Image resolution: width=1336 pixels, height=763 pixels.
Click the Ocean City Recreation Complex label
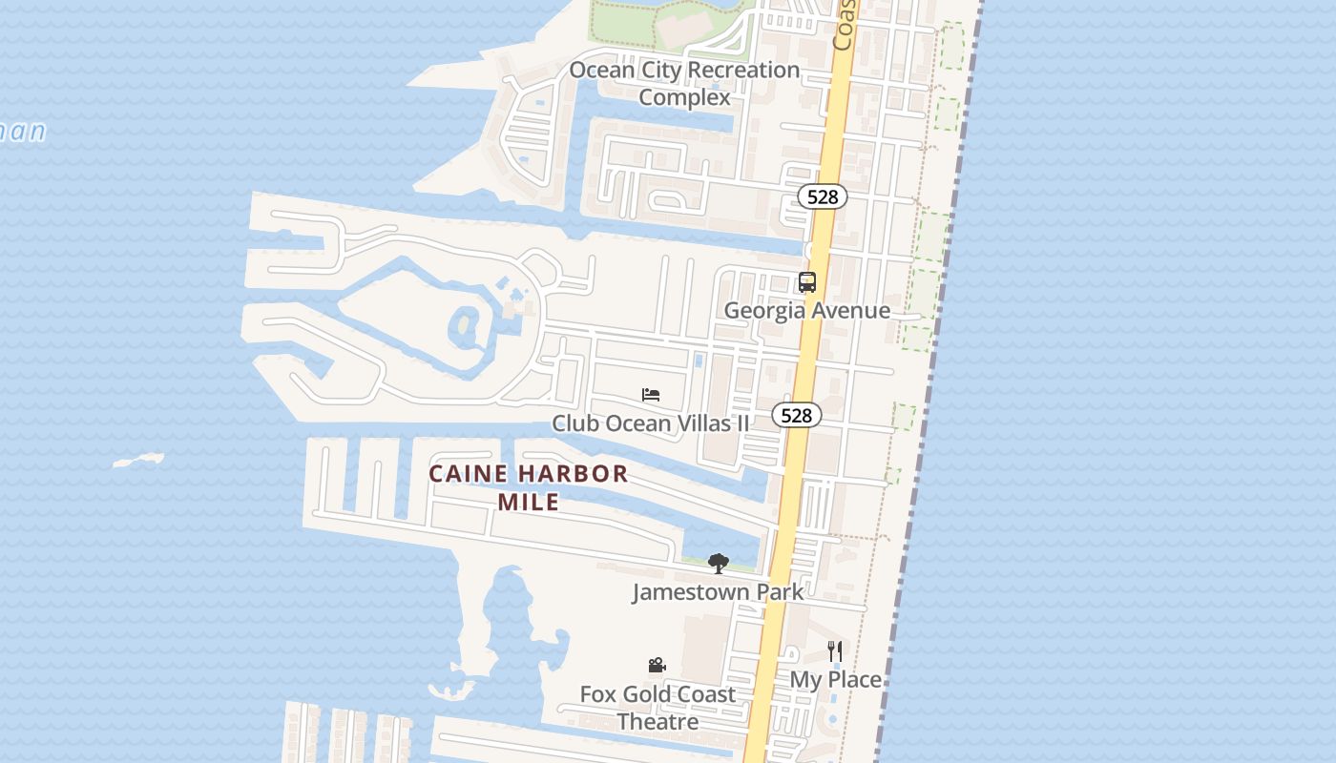point(684,83)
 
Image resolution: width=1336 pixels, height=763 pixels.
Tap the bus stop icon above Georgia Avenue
point(807,282)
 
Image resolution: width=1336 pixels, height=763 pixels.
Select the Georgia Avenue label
point(807,310)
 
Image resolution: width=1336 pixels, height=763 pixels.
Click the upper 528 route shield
point(822,196)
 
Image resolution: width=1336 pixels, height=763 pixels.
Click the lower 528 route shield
point(796,415)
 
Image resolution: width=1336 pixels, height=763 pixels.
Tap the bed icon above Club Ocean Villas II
point(651,395)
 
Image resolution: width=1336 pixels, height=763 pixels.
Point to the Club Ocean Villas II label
point(651,423)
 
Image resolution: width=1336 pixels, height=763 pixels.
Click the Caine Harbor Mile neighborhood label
point(529,487)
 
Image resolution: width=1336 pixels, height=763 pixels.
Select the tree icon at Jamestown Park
point(719,564)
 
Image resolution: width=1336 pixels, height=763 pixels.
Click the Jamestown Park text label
point(718,591)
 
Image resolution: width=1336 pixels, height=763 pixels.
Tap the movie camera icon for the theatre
point(657,666)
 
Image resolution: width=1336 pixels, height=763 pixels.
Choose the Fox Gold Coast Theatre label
point(658,708)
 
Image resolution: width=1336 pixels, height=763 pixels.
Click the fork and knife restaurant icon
point(835,651)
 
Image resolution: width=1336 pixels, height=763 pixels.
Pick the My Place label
point(835,679)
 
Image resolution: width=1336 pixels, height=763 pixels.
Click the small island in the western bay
point(139,461)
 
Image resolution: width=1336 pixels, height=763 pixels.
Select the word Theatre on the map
point(658,722)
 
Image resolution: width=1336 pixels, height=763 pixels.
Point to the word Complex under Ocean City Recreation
point(684,97)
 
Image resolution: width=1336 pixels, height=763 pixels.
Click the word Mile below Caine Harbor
point(529,502)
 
